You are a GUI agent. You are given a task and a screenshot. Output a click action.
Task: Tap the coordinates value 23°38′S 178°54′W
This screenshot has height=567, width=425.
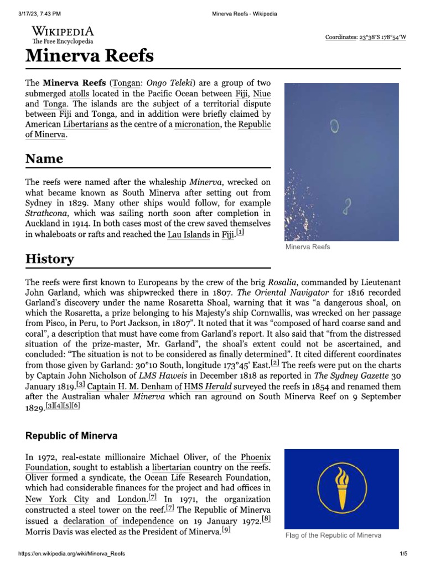click(x=382, y=37)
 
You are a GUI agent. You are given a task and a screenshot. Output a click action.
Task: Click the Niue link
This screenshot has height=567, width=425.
click(x=262, y=93)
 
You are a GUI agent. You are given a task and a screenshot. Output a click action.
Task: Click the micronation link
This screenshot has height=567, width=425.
click(x=198, y=124)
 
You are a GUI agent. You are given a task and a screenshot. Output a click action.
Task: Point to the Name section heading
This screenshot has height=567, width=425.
click(x=44, y=159)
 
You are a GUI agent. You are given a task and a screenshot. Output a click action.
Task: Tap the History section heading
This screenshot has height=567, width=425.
click(x=49, y=259)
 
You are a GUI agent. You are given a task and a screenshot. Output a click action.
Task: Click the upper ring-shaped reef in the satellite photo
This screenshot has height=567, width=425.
click(x=334, y=127)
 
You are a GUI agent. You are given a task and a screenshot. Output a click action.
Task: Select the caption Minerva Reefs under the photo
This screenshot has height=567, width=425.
click(x=308, y=247)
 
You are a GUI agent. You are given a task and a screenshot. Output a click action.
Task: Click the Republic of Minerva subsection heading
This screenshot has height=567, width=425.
click(x=71, y=436)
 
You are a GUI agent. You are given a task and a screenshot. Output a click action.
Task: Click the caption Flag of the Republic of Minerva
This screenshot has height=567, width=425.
click(x=333, y=535)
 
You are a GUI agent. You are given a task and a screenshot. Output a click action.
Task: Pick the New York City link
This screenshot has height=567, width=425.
click(x=50, y=498)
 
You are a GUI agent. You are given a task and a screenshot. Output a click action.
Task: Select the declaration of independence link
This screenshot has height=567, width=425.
click(x=118, y=521)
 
